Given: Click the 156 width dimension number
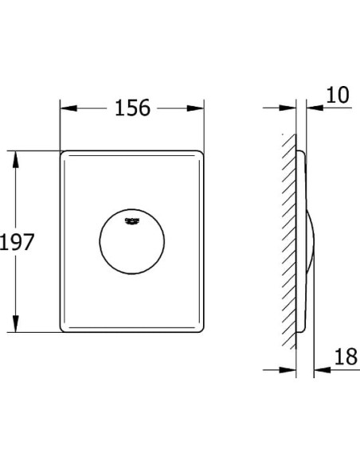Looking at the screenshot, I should (133, 108).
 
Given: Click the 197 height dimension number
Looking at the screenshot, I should (17, 241).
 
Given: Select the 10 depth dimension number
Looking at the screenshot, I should (338, 96).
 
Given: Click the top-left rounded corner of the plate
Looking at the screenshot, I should (65, 154).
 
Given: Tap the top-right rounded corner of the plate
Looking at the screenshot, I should (202, 154).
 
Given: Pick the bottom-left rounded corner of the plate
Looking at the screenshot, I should (65, 328).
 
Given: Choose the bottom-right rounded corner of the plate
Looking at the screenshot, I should (202, 328).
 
